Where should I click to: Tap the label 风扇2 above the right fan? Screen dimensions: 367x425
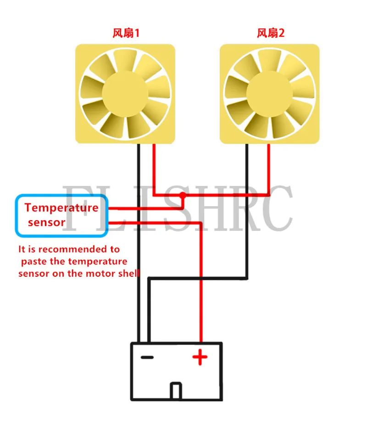tap(270, 33)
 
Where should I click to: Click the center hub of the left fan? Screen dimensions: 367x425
tap(125, 93)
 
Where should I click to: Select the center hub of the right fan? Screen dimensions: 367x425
tap(269, 93)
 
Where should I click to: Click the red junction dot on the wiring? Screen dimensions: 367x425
tap(183, 195)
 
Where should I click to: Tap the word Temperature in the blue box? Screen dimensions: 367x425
tap(61, 207)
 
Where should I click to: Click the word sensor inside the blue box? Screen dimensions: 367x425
tap(46, 223)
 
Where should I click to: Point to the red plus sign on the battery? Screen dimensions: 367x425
tap(200, 357)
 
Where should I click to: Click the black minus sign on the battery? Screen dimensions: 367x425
tap(147, 357)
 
